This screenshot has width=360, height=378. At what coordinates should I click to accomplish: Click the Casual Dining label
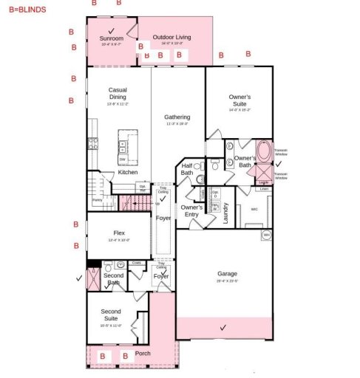point(118,94)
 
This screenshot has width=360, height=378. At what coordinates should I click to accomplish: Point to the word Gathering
point(177,117)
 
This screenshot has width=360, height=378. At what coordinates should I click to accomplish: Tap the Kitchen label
point(128,172)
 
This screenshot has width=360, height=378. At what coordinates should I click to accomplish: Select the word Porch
point(143,353)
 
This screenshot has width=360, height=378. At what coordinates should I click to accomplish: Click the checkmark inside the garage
point(223,326)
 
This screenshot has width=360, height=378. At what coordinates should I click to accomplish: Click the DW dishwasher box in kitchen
point(122,159)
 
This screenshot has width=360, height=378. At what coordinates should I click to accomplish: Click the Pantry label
point(97,200)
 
